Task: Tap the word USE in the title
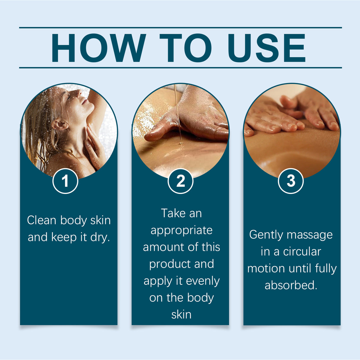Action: (266, 48)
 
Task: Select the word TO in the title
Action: (186, 48)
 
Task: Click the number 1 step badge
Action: (65, 181)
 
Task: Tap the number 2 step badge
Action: (180, 181)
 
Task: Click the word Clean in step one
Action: (42, 220)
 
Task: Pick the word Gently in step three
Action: (266, 235)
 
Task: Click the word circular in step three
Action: (302, 252)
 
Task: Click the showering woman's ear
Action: (59, 125)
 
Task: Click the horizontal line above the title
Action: (180, 28)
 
